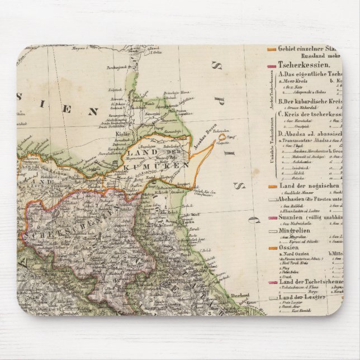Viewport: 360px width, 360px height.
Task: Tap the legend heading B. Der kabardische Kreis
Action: pyautogui.click(x=308, y=101)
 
